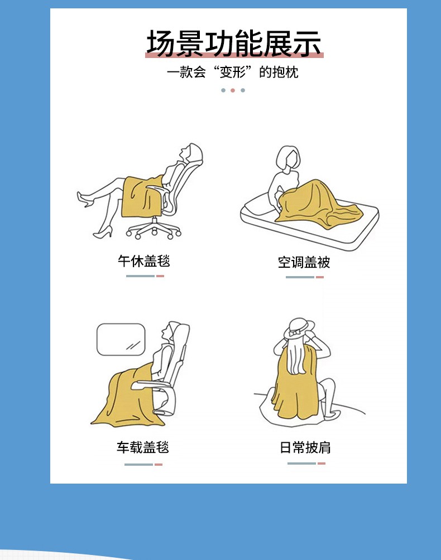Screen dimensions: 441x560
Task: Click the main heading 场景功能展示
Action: pos(234,43)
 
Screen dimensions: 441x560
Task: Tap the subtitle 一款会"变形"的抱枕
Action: pos(232,72)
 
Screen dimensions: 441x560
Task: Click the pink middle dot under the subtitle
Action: pos(233,90)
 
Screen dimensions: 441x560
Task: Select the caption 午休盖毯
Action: pos(143,261)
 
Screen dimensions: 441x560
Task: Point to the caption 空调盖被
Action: pos(304,262)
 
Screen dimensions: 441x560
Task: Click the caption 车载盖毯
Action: pos(142,447)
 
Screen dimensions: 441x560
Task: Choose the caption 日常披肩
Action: pos(305,447)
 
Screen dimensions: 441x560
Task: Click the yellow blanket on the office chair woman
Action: pos(141,196)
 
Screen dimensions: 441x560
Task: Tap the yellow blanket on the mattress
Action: pos(314,204)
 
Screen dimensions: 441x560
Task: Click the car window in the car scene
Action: pos(121,339)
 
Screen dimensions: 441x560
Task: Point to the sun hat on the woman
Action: pos(299,329)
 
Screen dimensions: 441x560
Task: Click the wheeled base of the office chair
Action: pos(154,229)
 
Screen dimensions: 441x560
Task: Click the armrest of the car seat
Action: pos(150,384)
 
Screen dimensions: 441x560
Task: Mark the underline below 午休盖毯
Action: pos(145,276)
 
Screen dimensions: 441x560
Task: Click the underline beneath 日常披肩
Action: pos(306,464)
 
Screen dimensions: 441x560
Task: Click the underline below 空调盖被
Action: pos(304,277)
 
